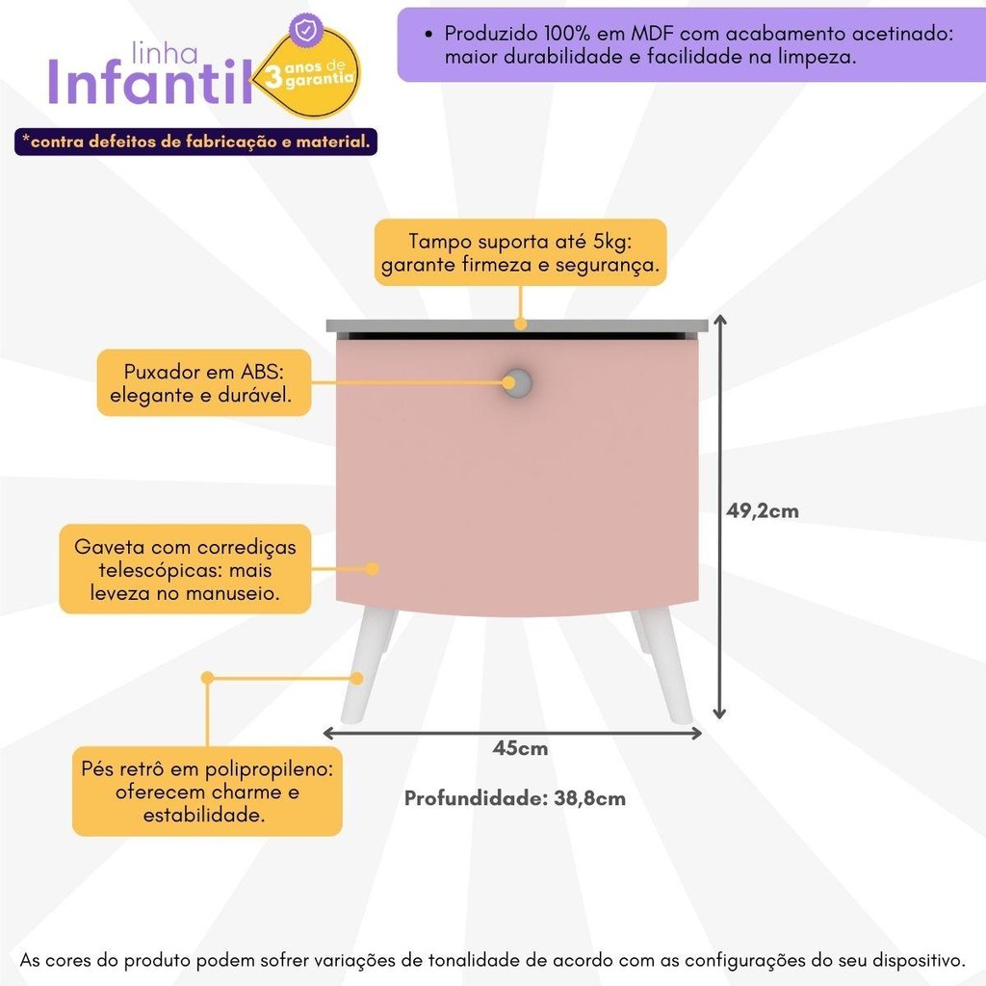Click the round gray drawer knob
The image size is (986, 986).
(517, 382)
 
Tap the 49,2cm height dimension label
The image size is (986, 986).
(763, 510)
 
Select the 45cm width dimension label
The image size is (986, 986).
(520, 747)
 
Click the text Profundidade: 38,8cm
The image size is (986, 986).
(514, 798)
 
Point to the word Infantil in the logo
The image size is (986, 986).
(149, 82)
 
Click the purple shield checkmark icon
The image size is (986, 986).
(306, 30)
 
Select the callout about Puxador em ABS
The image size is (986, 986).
(204, 382)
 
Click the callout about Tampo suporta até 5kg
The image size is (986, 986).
(520, 252)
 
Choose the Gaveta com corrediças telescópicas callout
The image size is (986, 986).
(185, 569)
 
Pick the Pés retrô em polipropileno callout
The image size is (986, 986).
(207, 791)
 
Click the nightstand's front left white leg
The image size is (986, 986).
(367, 667)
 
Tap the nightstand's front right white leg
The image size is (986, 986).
(667, 667)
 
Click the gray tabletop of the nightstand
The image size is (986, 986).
(517, 325)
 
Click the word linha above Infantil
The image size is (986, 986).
(165, 53)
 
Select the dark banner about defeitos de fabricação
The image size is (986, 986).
(195, 142)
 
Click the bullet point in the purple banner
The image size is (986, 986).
(428, 34)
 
